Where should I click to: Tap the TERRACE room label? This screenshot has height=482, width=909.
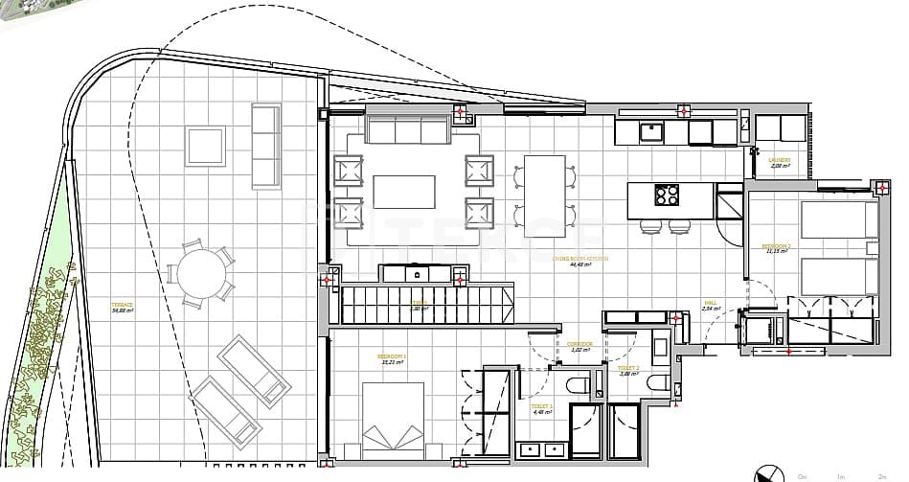123,305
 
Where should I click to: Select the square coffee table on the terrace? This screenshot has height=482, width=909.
206,146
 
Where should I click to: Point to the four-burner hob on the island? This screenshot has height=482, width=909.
668,195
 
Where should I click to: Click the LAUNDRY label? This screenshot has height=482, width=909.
780,161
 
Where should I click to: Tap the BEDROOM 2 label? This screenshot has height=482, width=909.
776,247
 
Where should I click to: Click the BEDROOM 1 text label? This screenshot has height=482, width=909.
392,356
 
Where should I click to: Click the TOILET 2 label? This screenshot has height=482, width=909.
628,369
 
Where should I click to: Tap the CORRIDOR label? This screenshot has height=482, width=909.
579,344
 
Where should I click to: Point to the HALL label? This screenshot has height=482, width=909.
709,304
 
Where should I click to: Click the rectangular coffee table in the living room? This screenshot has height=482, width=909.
403,192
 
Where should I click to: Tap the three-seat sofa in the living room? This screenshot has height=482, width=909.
407,129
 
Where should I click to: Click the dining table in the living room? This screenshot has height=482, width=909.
544,195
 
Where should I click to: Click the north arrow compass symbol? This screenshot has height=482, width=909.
764,472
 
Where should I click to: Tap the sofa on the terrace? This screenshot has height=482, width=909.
265,146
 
